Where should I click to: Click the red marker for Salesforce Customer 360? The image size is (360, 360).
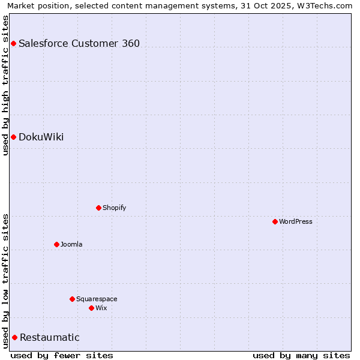(x=13, y=43)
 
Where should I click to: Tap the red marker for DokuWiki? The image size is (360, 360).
(x=13, y=137)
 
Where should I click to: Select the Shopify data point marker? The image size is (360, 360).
(x=98, y=208)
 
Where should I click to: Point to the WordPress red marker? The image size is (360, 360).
(x=275, y=221)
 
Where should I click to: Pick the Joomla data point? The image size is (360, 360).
(x=56, y=244)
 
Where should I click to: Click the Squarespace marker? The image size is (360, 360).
(x=72, y=299)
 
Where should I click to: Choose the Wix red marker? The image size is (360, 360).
(x=91, y=308)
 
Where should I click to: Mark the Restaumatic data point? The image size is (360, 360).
(x=14, y=337)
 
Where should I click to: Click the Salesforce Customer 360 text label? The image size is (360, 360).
(x=79, y=43)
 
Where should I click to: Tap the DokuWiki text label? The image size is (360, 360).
(x=41, y=137)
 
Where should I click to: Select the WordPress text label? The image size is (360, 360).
(x=296, y=221)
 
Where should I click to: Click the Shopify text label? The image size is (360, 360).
(x=114, y=208)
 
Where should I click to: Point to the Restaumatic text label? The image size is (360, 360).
(x=50, y=337)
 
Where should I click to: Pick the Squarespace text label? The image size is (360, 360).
(x=97, y=299)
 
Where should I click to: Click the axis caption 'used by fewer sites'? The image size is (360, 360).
(x=62, y=355)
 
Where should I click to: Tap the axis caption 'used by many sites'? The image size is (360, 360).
(x=301, y=355)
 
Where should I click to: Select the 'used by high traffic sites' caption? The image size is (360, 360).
(x=5, y=85)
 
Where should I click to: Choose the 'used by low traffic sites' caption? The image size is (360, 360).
(x=5, y=281)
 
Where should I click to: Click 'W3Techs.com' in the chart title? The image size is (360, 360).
(x=327, y=5)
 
